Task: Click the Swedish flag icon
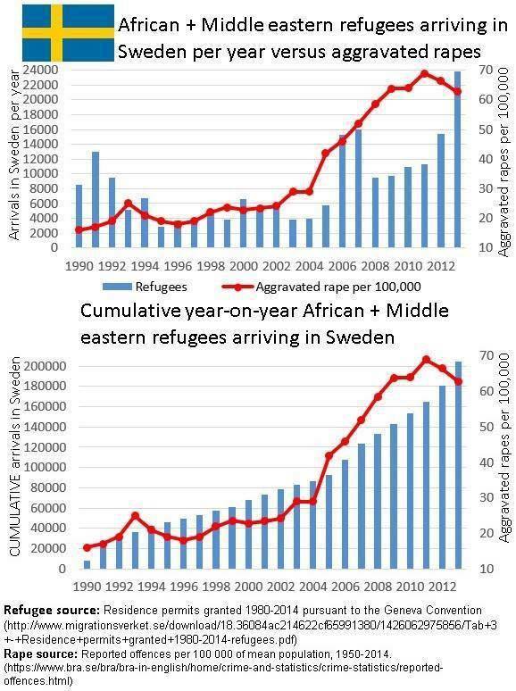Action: coord(69,33)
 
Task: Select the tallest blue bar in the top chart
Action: coord(457,159)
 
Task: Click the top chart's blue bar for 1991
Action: coord(96,199)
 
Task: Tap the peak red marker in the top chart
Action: coord(424,74)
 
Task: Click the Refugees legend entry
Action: coord(145,287)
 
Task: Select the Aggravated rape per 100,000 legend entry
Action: coord(321,287)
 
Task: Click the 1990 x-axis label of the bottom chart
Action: coord(87,587)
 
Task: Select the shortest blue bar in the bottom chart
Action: coord(87,564)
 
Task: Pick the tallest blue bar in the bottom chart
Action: coord(458,465)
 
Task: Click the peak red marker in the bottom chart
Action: coord(426,360)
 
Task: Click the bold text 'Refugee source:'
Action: coord(52,611)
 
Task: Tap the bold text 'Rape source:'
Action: coord(41,654)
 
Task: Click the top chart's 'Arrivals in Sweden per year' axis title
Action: coord(14,154)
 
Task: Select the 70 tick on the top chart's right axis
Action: coord(486,70)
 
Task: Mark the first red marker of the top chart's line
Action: coord(79,229)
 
